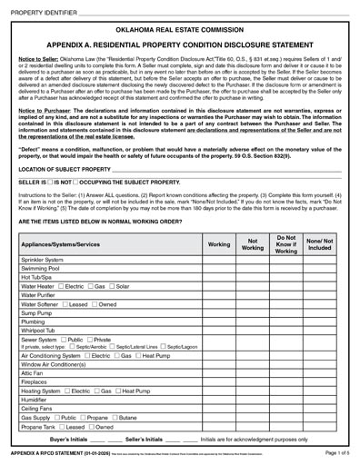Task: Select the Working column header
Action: point(219,245)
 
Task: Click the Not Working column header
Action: point(256,245)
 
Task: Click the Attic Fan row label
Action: point(34,373)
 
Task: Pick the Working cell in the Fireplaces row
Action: point(219,383)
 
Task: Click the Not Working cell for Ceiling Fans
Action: point(256,411)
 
